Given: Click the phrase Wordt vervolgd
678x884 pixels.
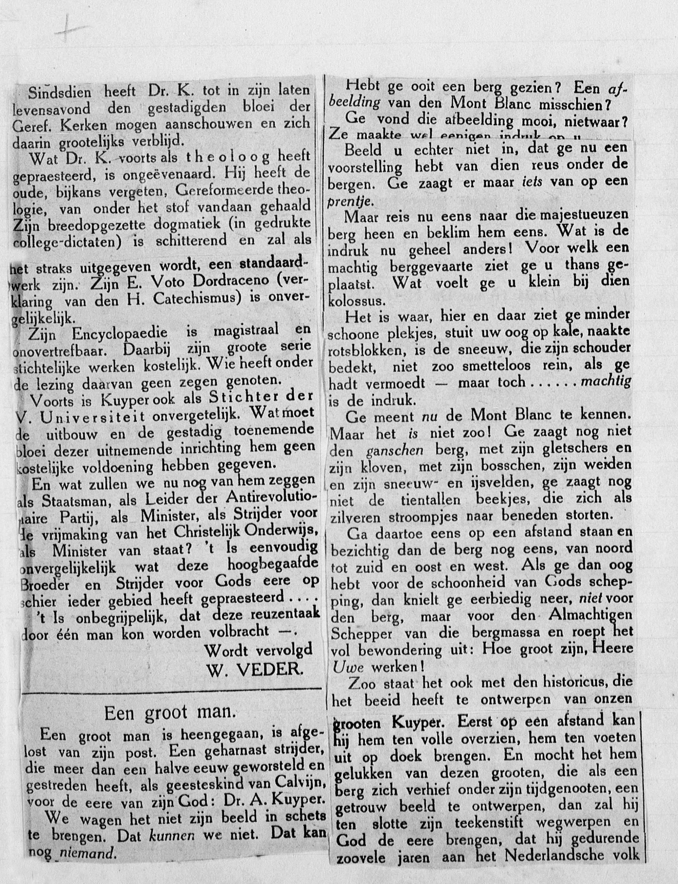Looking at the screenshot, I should [x=258, y=650].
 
